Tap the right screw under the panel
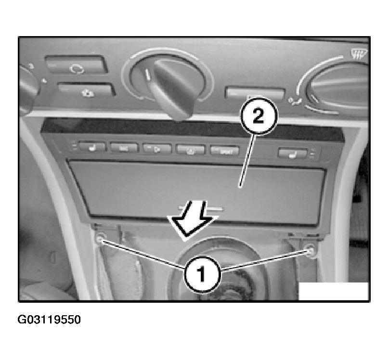(x=311, y=249)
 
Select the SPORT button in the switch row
(x=224, y=151)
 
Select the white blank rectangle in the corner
(x=333, y=291)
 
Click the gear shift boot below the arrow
(x=212, y=270)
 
